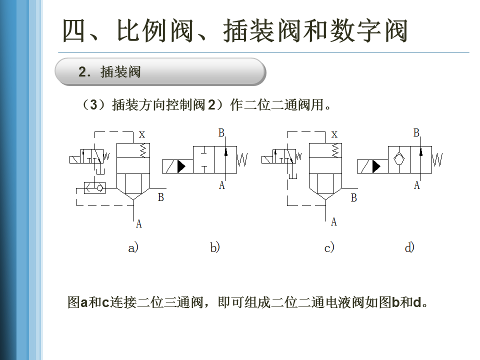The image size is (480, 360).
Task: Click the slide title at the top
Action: coord(235,31)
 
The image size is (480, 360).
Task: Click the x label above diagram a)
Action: coord(142,134)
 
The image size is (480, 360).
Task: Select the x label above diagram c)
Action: coord(334,134)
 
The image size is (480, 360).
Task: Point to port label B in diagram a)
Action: coord(161,197)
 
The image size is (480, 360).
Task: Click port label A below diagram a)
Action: coord(139,224)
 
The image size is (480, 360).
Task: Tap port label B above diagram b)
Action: coord(221,133)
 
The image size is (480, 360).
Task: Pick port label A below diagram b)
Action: coord(222,185)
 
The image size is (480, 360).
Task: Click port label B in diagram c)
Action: coord(354,198)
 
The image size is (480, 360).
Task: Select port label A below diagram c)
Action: coord(334,221)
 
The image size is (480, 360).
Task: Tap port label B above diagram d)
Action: coord(416,133)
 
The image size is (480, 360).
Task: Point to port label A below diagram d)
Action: coord(416,185)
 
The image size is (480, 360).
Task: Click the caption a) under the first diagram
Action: coord(133,247)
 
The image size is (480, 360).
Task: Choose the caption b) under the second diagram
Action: coord(215,247)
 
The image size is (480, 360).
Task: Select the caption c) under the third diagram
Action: coord(329,247)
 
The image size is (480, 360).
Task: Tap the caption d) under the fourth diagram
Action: coord(409,247)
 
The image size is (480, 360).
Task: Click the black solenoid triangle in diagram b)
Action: coord(181,166)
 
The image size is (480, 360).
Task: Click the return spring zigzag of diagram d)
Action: coord(438,160)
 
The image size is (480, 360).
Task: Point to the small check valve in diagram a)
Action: coord(96,188)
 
